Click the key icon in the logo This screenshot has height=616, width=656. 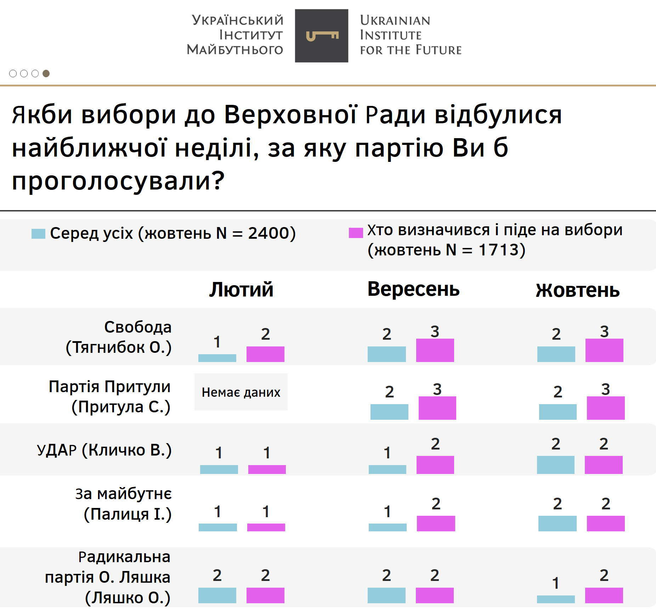322,36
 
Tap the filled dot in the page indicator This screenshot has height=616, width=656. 46,73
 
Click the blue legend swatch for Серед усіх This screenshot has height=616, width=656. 38,234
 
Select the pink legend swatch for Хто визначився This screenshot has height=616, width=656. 356,233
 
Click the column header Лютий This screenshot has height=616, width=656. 241,290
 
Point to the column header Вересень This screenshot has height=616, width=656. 413,289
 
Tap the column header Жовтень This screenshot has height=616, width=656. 577,290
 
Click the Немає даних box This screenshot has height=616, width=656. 241,392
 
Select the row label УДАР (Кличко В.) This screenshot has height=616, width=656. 104,450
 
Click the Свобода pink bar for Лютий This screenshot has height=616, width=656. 265,354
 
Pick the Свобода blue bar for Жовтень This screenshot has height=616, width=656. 556,354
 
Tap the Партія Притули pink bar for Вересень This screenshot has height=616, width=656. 437,408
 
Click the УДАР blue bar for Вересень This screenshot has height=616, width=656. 387,469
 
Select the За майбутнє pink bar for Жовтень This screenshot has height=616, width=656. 605,523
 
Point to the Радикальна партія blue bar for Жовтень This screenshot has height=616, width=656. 556,599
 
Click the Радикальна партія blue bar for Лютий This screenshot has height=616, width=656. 217,595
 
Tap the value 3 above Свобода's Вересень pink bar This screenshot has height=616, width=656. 435,332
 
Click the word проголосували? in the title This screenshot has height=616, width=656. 118,181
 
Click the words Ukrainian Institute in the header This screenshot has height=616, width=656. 395,28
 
